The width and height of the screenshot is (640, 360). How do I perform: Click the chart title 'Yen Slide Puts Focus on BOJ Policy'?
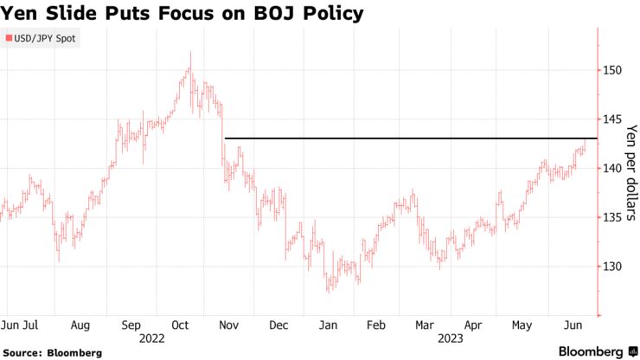[182, 14]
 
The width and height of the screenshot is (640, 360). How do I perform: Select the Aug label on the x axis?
[80, 325]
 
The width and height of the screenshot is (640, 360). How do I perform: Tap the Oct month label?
[181, 325]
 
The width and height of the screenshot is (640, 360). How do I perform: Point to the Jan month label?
[328, 325]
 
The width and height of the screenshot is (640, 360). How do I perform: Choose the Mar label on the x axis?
[425, 325]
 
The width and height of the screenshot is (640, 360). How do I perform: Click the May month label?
[522, 325]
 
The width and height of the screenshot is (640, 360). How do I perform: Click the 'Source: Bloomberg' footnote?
[52, 352]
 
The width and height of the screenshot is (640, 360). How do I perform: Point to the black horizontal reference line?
[406, 138]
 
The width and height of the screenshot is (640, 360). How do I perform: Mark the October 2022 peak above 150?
[190, 54]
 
